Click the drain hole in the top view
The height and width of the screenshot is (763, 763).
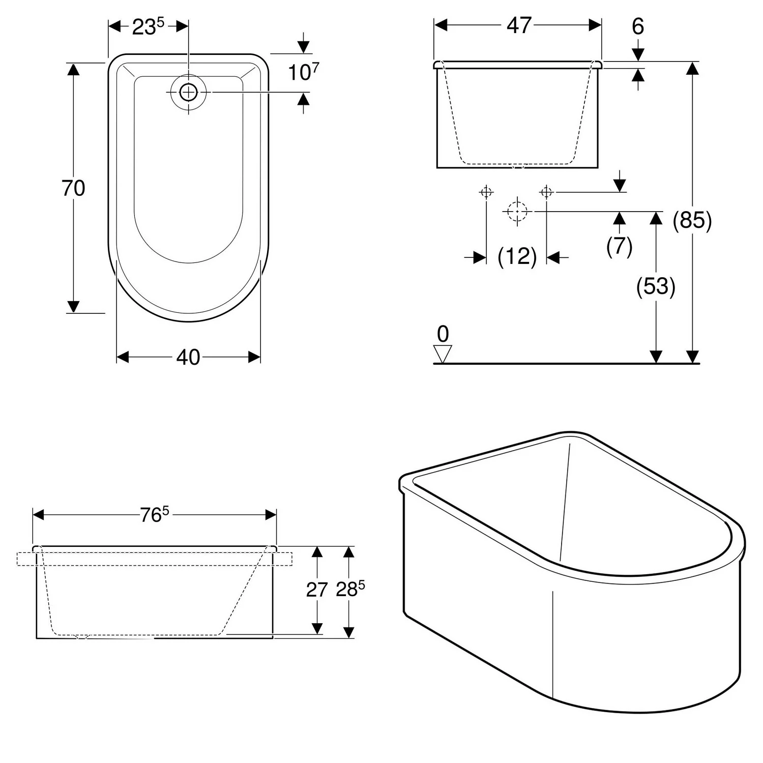189,92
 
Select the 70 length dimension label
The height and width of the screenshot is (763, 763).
73,188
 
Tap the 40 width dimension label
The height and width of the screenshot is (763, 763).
188,358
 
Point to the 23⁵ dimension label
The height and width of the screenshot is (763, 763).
148,27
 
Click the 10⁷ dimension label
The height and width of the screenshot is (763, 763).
303,72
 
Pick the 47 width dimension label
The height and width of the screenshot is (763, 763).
519,25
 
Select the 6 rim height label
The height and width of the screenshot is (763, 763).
638,26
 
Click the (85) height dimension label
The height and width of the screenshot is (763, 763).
692,220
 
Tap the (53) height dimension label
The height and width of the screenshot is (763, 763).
656,286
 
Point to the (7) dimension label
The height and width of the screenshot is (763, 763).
619,246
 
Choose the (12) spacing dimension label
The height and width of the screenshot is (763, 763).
517,256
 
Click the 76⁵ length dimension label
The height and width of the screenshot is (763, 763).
154,515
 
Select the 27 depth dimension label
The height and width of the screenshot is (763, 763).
317,590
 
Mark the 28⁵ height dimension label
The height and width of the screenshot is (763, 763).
350,589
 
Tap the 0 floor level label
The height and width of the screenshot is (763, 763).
443,334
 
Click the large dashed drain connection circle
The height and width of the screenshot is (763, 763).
517,211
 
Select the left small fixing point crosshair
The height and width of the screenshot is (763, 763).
486,192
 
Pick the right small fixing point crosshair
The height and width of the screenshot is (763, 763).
546,192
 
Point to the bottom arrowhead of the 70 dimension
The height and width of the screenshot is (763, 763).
73,306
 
